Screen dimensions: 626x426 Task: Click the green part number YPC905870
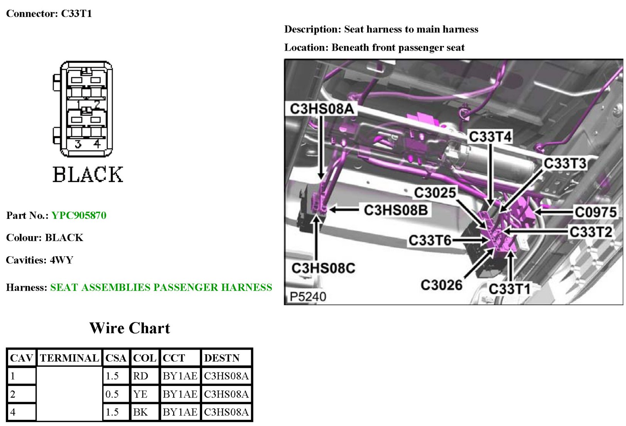point(79,215)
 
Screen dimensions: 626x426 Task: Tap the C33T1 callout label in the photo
point(509,289)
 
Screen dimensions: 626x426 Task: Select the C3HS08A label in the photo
point(322,109)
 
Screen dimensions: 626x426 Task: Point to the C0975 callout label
point(595,212)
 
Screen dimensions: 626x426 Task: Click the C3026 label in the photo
point(441,285)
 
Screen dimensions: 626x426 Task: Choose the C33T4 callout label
point(490,137)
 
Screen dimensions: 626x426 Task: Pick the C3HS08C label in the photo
point(323,268)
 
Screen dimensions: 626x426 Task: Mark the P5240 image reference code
point(308,297)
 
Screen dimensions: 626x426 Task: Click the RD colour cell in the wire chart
point(140,376)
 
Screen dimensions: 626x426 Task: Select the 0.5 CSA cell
point(112,394)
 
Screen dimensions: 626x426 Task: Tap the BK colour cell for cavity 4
point(140,412)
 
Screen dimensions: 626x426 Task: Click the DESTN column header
point(222,358)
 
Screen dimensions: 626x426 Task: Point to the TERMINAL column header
point(69,358)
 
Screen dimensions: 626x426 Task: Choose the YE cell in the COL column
point(140,394)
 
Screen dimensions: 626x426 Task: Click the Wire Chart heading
point(130,328)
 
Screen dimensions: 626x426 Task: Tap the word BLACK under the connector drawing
point(88,174)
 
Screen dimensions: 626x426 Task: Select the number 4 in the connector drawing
point(97,144)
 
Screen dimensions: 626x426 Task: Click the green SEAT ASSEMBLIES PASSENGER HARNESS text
point(161,287)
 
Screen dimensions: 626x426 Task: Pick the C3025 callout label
point(435,192)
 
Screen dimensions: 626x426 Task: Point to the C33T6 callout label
point(430,240)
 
